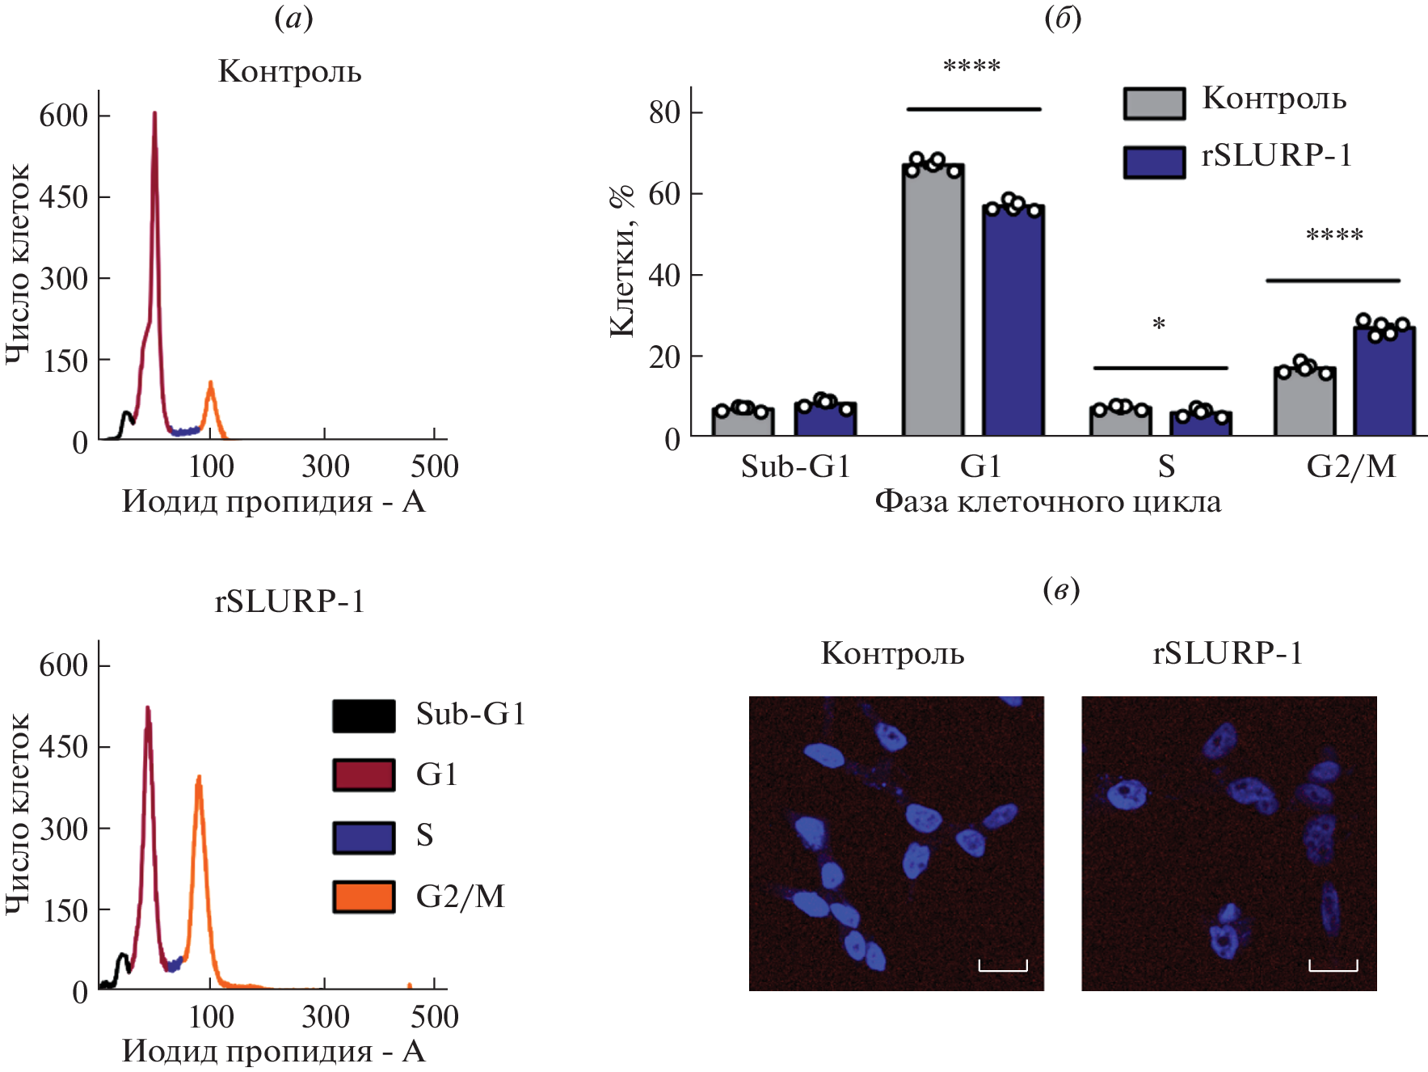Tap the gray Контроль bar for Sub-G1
743,422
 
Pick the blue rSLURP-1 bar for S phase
1200,424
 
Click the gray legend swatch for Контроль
1154,103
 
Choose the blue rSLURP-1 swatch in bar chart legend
1154,162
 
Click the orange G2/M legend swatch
364,897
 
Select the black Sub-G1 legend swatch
364,715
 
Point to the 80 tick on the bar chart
665,112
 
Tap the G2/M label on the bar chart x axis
1351,466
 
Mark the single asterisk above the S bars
1159,325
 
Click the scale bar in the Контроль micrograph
1003,966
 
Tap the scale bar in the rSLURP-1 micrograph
1333,966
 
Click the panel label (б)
1063,19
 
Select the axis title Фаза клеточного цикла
1048,502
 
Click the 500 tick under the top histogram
435,466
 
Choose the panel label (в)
1061,589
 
